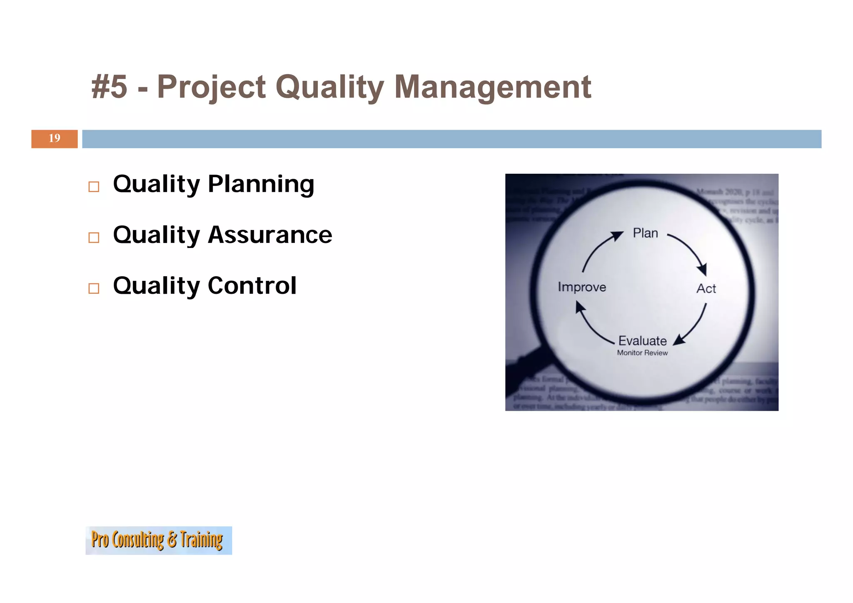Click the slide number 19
pos(55,138)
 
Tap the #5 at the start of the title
pos(109,87)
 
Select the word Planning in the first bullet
pos(261,184)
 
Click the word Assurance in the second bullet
pos(270,235)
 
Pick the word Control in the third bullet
pos(252,286)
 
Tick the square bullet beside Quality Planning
pos(94,187)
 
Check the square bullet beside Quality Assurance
pos(94,238)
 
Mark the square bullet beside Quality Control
pos(94,288)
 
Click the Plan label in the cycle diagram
pos(645,233)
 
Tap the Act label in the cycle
pos(706,288)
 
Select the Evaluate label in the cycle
pos(642,341)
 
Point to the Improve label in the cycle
pos(581,287)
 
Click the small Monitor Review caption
pos(642,353)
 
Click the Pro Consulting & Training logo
pos(158,540)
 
